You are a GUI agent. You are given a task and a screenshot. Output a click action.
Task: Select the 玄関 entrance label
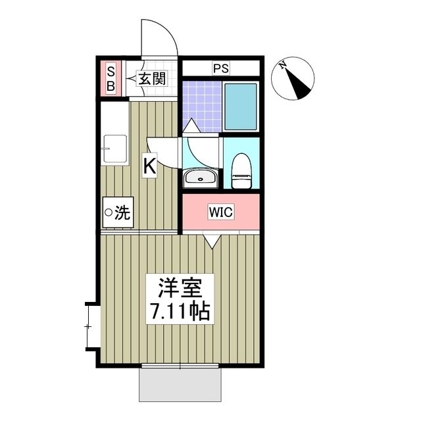click(x=152, y=80)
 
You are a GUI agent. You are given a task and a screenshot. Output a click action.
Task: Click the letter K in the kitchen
click(x=150, y=166)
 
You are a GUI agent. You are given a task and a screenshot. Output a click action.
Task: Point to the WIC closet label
click(x=220, y=212)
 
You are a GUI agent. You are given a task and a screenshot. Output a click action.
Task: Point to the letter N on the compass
click(x=282, y=64)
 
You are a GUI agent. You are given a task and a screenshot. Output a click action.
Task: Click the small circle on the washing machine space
click(x=108, y=213)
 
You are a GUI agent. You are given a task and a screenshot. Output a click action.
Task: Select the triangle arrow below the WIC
click(x=211, y=241)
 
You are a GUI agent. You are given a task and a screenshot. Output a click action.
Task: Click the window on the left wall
click(x=92, y=326)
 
